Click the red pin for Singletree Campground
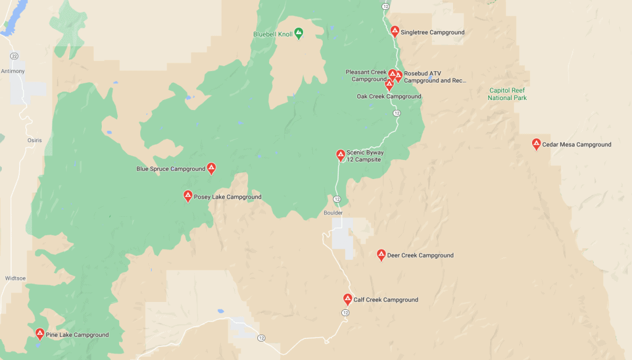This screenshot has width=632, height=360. tap(395, 31)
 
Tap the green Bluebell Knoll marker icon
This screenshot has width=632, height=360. tap(298, 33)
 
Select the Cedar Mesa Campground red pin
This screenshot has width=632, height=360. tap(536, 144)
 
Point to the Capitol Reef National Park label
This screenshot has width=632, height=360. tap(507, 94)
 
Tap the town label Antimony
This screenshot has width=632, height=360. tap(13, 71)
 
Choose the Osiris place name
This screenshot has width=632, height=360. tap(35, 140)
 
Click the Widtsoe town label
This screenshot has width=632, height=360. tap(15, 278)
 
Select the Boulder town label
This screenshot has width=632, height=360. tap(333, 212)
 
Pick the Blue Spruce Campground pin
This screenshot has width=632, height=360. tap(211, 168)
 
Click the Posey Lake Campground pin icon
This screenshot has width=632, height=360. tap(188, 196)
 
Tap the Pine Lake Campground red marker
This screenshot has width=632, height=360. tap(40, 334)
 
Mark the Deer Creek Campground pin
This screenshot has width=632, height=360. tap(381, 254)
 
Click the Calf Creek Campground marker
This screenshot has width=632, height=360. tap(347, 299)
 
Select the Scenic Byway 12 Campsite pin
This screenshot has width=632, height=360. tap(340, 155)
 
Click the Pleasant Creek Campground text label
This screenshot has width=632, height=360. tap(366, 75)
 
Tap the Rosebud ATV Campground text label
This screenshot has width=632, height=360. tap(434, 77)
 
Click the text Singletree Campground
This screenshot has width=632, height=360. tap(432, 32)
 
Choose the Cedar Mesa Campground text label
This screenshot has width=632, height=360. tap(576, 144)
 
